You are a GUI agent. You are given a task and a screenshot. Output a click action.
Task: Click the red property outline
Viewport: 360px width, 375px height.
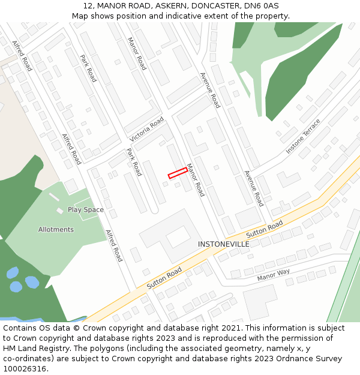178,172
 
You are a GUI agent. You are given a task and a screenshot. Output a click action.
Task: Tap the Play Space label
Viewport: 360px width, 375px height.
85,210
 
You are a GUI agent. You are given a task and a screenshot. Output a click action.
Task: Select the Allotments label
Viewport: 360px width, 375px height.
56,229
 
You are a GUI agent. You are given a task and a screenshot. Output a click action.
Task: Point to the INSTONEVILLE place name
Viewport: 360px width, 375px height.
224,245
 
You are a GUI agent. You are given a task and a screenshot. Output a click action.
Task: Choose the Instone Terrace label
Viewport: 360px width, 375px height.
303,136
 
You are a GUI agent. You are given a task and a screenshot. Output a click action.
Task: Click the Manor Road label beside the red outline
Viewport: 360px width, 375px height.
196,180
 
